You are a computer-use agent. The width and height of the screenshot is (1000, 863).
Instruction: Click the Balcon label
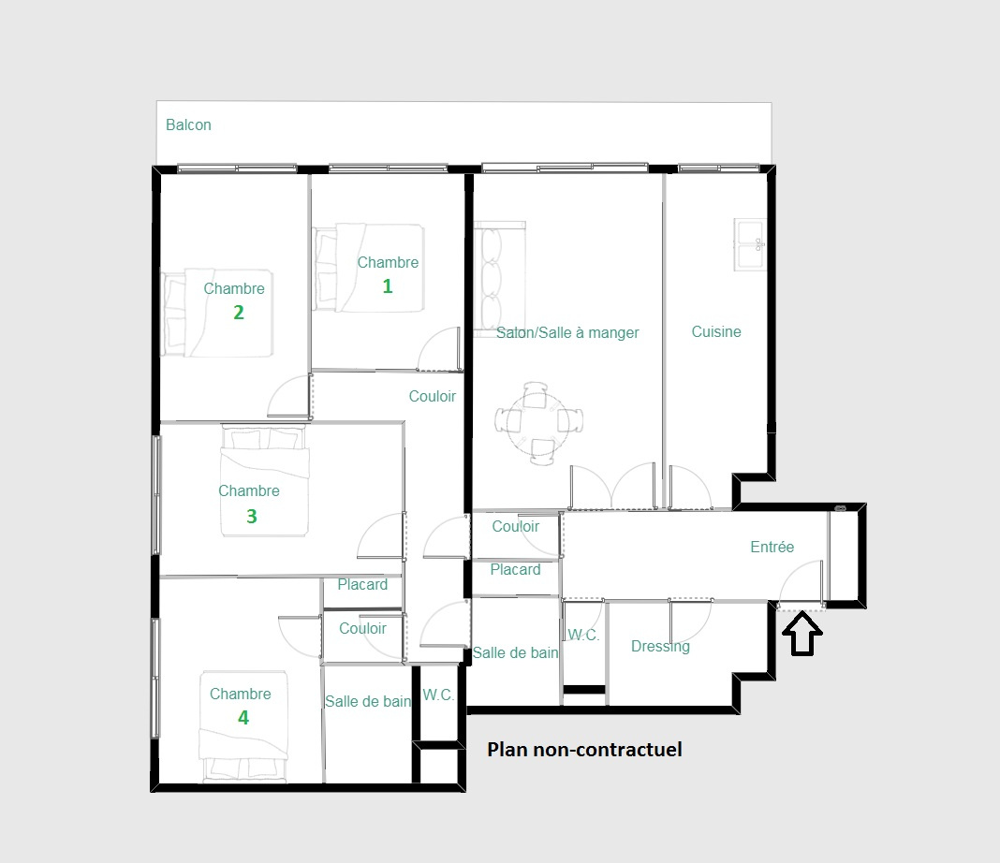click(188, 124)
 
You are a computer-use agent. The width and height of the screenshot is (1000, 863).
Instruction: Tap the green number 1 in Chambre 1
click(387, 286)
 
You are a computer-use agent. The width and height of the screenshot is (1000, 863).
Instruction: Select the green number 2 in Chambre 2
click(239, 313)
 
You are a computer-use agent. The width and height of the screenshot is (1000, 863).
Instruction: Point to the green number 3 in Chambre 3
click(251, 516)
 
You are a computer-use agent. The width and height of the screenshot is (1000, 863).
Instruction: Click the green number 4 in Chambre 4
click(243, 718)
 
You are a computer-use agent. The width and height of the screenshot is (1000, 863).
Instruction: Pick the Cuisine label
click(716, 331)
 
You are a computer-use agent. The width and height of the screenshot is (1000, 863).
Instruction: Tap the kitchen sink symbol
click(750, 244)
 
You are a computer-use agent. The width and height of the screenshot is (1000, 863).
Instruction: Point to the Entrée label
click(772, 547)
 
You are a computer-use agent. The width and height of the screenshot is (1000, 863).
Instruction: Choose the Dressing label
click(660, 646)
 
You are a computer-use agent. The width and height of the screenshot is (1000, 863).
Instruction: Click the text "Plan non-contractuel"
click(584, 750)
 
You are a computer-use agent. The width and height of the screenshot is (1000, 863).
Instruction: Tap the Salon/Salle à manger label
click(567, 332)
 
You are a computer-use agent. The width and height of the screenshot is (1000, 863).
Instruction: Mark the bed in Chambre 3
click(265, 480)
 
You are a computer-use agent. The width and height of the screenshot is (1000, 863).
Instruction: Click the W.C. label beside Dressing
click(583, 635)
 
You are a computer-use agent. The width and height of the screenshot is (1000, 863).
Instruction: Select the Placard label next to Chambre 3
click(362, 584)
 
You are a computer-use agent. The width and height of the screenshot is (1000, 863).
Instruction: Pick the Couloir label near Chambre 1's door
click(433, 397)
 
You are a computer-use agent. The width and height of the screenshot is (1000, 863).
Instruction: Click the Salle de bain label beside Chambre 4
click(368, 702)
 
